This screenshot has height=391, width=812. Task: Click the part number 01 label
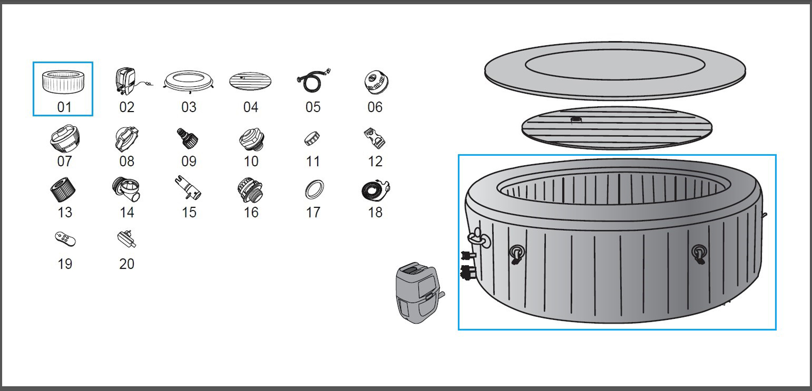coord(64,107)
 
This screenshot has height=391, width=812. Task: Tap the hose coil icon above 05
coord(312,81)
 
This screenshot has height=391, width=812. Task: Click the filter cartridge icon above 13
coord(63,190)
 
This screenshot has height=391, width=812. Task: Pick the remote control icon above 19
coord(65,239)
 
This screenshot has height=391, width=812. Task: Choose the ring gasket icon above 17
coord(314,190)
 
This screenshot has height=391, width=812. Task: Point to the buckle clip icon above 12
coord(375,138)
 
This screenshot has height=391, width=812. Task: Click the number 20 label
coord(127,264)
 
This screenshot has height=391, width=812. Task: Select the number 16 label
coord(251,212)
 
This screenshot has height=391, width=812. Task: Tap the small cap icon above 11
coord(312,138)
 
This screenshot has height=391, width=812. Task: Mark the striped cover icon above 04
coord(250,81)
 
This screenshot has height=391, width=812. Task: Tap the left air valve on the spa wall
coord(517,253)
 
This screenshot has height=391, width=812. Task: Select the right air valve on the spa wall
coord(699,253)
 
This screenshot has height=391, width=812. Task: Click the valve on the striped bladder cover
coord(576,120)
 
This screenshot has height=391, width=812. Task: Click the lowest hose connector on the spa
coord(465,273)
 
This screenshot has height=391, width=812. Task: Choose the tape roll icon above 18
coord(375,191)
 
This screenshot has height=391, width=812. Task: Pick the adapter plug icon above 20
coord(126,239)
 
